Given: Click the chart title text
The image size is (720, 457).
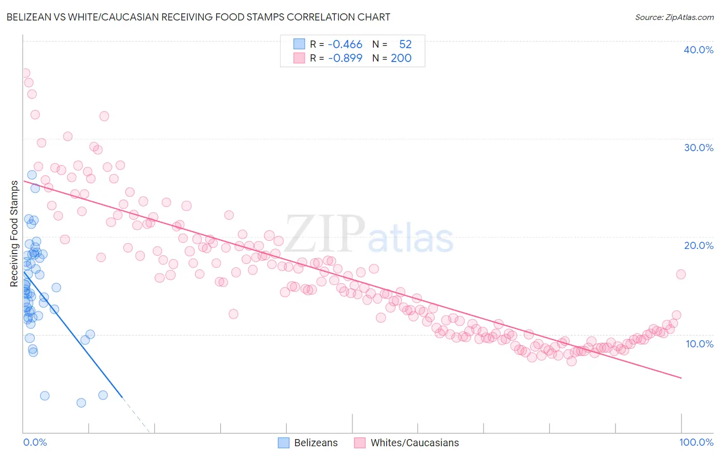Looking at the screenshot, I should click(x=198, y=17).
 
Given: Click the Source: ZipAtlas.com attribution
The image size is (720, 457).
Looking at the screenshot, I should click(x=674, y=17).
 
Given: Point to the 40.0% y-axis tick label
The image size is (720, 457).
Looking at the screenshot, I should click(x=698, y=50).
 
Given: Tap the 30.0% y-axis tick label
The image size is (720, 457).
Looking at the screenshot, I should click(x=698, y=148).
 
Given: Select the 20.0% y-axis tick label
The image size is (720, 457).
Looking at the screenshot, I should click(x=698, y=245).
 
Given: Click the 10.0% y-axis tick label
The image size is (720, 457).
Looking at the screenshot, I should click(x=699, y=344).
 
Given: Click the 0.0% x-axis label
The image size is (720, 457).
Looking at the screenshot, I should click(x=35, y=442).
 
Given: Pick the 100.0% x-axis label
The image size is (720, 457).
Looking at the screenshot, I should click(x=696, y=442).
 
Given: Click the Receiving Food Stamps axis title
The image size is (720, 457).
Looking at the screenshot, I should click(x=14, y=234).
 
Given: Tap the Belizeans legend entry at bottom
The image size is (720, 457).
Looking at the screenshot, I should click(x=308, y=443).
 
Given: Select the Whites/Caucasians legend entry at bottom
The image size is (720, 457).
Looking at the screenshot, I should click(x=407, y=443).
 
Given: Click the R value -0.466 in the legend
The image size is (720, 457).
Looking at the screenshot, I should click(x=345, y=45).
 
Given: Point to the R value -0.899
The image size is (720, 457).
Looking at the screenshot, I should click(x=345, y=58).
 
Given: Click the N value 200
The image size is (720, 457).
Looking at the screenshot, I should click(x=401, y=58).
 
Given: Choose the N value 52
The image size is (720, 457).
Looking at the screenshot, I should click(x=405, y=45).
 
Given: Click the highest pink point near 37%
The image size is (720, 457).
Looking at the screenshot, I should click(x=25, y=73).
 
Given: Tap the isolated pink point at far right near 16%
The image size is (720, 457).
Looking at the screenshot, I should click(x=681, y=274).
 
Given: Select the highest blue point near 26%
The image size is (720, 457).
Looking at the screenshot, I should click(x=32, y=175).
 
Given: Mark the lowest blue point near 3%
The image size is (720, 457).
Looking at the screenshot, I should click(x=81, y=403).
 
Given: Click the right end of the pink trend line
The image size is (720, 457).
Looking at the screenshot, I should click(x=681, y=378).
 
